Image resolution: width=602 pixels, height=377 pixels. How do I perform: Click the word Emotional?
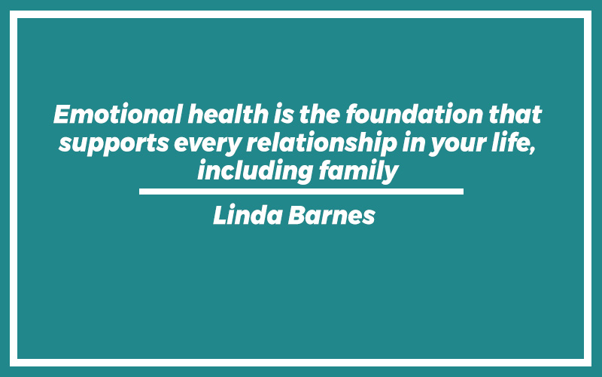(118, 115)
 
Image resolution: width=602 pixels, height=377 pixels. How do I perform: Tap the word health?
(228, 115)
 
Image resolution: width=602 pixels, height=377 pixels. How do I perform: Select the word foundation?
(414, 115)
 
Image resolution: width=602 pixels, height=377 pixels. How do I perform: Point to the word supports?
(114, 144)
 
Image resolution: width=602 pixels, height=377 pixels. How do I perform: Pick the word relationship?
(322, 143)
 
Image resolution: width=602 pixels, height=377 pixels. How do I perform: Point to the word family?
(358, 171)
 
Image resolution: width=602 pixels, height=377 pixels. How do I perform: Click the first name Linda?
(248, 215)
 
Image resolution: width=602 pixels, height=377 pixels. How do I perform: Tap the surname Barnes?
(331, 215)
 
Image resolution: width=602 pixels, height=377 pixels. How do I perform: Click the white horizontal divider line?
(301, 192)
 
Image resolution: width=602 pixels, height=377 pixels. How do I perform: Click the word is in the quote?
(284, 115)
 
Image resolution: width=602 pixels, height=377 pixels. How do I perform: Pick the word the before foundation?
(319, 115)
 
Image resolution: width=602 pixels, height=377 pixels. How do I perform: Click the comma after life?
(532, 150)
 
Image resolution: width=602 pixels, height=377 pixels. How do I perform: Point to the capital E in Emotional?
(63, 115)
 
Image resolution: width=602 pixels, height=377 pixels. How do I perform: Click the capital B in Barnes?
(296, 215)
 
